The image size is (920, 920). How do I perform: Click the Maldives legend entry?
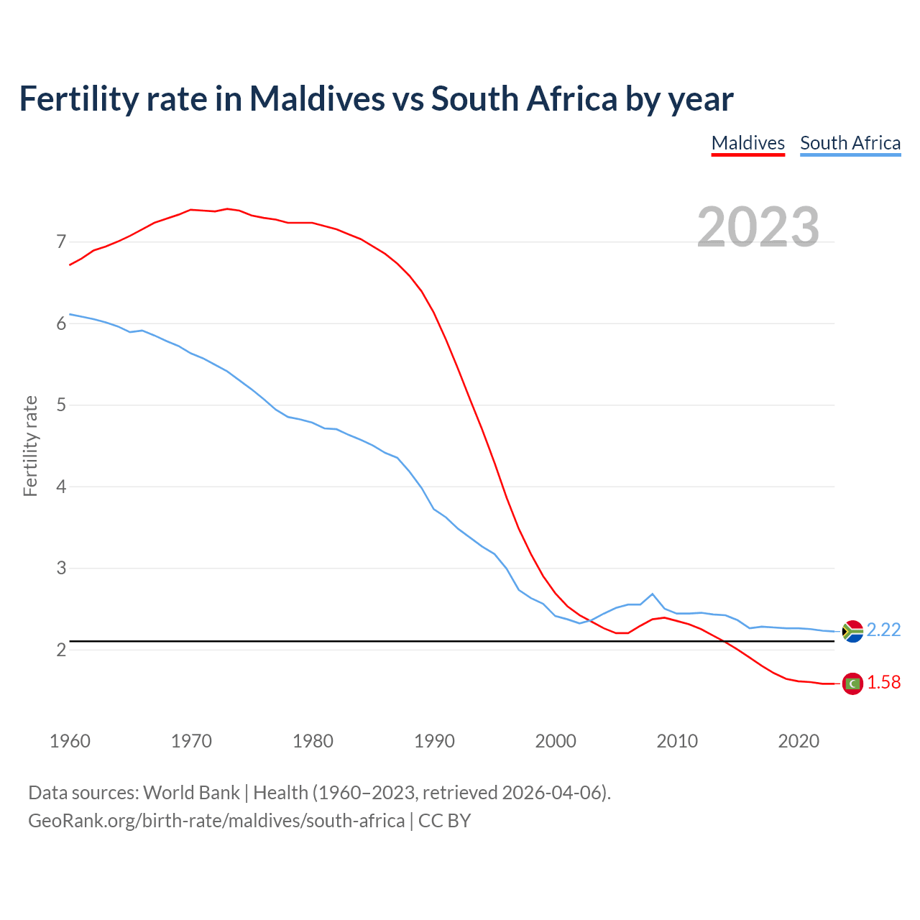747,143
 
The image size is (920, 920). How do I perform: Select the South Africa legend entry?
850,143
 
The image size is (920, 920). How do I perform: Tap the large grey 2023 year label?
758,227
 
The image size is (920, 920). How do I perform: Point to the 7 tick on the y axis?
61,241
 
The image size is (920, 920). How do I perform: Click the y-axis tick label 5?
61,405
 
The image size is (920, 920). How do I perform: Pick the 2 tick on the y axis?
61,650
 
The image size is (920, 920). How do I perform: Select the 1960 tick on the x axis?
70,741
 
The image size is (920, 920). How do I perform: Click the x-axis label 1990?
434,741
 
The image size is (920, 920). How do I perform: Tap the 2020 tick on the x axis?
799,741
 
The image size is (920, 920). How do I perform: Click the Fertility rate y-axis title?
30,446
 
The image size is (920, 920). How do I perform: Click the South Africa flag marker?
852,631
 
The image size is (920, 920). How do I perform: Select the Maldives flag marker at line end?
852,684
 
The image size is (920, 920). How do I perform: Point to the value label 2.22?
883,630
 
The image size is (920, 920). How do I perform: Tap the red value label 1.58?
883,683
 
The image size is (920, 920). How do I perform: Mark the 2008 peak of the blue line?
652,594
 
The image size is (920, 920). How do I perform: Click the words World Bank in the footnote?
191,793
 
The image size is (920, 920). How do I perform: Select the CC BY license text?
444,821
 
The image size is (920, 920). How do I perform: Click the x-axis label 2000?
556,741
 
